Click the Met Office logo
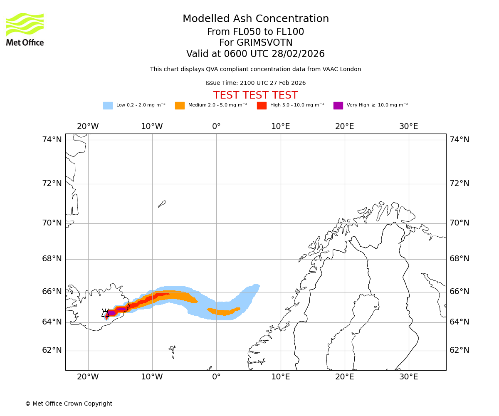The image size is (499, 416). pyautogui.click(x=25, y=29)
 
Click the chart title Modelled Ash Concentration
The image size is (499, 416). pyautogui.click(x=256, y=19)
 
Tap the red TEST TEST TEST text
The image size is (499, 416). pyautogui.click(x=255, y=95)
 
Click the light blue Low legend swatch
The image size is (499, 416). pyautogui.click(x=108, y=106)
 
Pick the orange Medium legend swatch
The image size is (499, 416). pyautogui.click(x=180, y=106)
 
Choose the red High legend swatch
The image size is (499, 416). pyautogui.click(x=262, y=106)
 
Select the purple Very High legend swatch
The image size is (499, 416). pyautogui.click(x=338, y=106)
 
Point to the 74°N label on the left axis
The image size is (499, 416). pyautogui.click(x=52, y=140)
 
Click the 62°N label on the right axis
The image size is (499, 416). pyautogui.click(x=459, y=350)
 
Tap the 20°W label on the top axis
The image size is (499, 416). pyautogui.click(x=88, y=126)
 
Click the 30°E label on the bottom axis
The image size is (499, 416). pyautogui.click(x=409, y=377)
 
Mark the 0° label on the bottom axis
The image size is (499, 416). pyautogui.click(x=216, y=377)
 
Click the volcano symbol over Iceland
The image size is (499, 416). pyautogui.click(x=105, y=314)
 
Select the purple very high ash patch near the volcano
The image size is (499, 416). pyautogui.click(x=112, y=313)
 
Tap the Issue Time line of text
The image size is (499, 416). pyautogui.click(x=255, y=83)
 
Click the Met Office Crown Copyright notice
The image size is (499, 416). pyautogui.click(x=69, y=404)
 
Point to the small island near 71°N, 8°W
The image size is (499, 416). pyautogui.click(x=162, y=204)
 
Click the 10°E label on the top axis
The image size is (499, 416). pyautogui.click(x=280, y=126)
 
